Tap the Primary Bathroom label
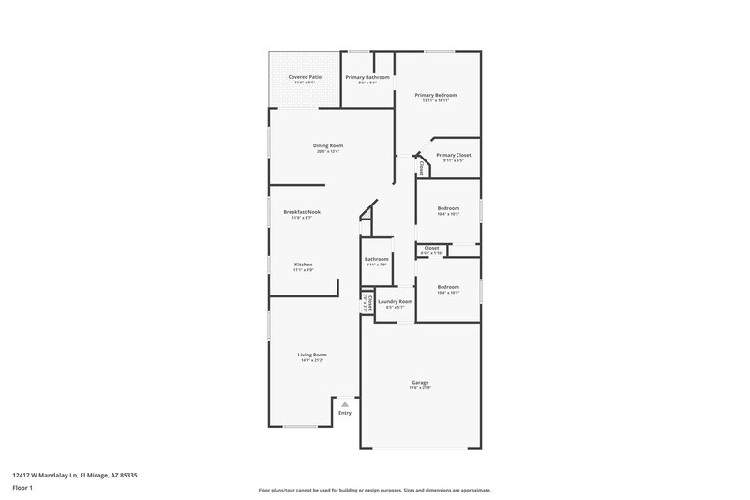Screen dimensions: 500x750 click(367, 77)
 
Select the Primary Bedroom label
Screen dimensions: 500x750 click(436, 95)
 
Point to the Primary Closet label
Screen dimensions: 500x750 click(453, 155)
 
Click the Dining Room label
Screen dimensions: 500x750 click(328, 145)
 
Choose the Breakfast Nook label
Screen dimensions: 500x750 click(302, 212)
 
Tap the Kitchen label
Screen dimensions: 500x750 click(304, 265)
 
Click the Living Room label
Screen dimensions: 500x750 click(311, 355)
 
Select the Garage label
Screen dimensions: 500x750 click(420, 382)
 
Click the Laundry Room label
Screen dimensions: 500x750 click(395, 302)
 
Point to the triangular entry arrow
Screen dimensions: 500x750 click(344, 404)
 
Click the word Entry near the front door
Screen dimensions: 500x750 click(345, 413)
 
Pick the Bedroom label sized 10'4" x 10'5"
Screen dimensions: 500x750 click(448, 208)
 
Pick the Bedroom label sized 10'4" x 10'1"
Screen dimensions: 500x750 click(448, 287)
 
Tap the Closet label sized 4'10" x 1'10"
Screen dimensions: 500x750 click(431, 249)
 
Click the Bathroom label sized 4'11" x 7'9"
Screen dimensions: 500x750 click(377, 259)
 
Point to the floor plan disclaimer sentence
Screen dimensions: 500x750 click(374, 490)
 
